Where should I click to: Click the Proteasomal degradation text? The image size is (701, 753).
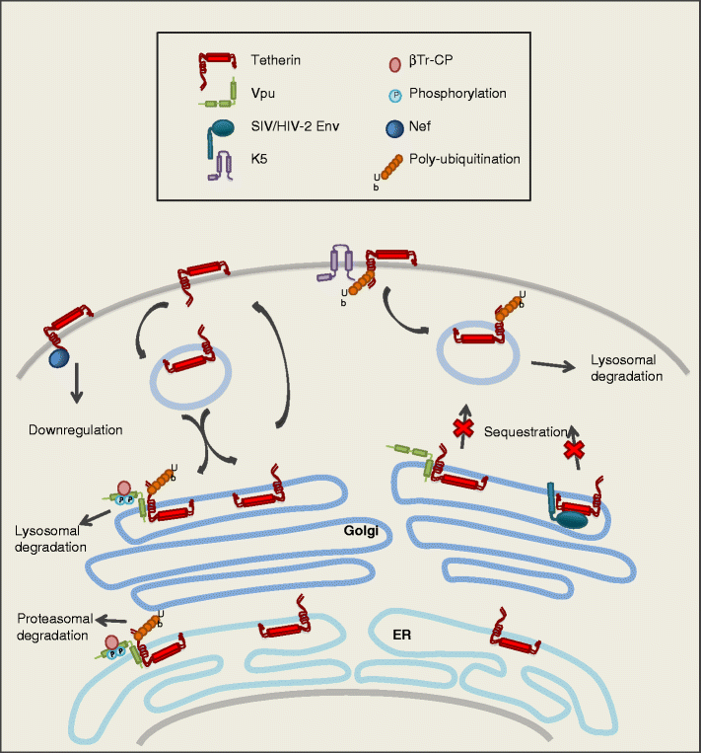coord(53,627)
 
